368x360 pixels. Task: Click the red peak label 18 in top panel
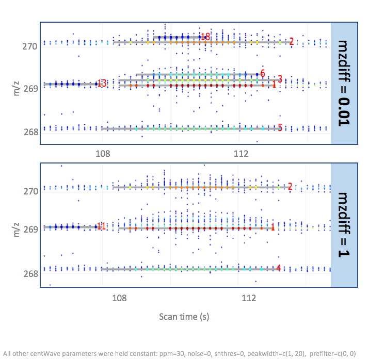(x=206, y=37)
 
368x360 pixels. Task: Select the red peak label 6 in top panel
(x=263, y=73)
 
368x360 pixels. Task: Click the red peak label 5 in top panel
(x=280, y=127)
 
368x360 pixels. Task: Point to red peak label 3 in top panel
(x=280, y=79)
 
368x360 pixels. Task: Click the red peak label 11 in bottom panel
(x=101, y=226)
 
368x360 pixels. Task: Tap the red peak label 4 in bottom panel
(x=279, y=268)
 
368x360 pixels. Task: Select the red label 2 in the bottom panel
(x=290, y=187)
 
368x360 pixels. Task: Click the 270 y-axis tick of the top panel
(x=30, y=46)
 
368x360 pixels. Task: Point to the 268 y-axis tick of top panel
(x=30, y=132)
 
